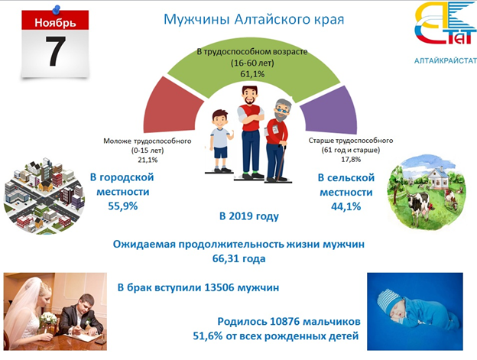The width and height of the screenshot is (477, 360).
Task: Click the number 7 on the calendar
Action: [x=56, y=51]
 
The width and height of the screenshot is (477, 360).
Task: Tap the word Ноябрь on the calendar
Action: [x=55, y=22]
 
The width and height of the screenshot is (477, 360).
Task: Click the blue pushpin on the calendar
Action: [x=57, y=9]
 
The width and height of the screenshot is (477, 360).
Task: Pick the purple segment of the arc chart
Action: [x=329, y=109]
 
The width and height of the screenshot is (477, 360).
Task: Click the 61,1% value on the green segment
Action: [x=252, y=74]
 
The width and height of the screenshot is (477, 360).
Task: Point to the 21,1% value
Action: [x=148, y=160]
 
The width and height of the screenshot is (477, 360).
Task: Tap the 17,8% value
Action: [x=351, y=159]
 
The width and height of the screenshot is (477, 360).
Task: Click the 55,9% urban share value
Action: [x=123, y=206]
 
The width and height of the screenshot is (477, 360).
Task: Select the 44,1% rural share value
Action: [x=346, y=207]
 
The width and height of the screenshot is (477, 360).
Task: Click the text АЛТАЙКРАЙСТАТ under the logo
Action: [x=446, y=61]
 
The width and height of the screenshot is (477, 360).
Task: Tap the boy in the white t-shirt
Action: [x=219, y=141]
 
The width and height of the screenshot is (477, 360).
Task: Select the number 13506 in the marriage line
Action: [x=219, y=287]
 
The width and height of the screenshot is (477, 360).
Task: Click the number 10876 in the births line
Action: [x=284, y=321]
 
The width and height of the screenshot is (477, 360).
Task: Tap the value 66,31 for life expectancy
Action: [x=225, y=258]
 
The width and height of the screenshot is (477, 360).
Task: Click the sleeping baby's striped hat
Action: [x=390, y=301]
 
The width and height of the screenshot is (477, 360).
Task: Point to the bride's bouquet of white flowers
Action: [x=48, y=319]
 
